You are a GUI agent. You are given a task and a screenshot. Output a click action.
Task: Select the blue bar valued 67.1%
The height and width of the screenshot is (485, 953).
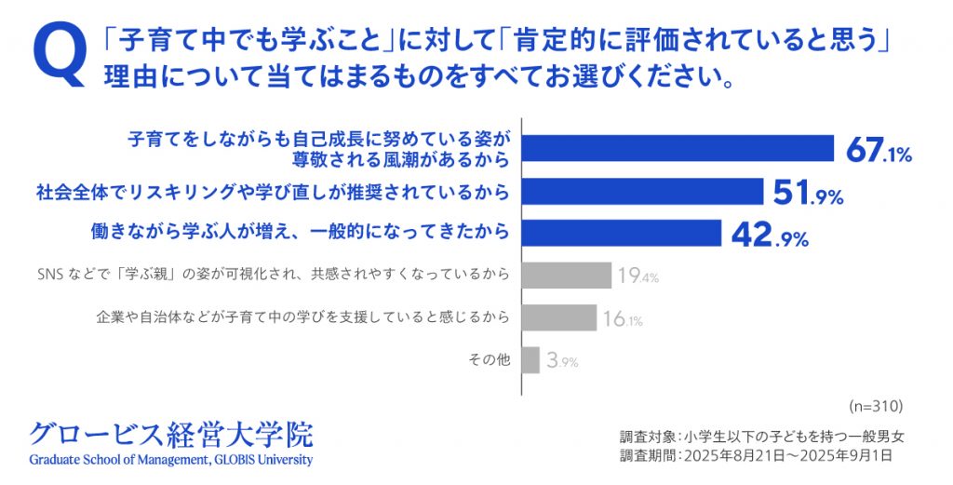pyautogui.click(x=679, y=149)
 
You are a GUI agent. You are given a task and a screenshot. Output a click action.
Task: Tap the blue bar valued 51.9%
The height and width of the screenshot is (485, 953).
pyautogui.click(x=644, y=193)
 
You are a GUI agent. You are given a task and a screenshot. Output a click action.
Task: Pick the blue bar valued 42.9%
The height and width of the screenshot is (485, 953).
pyautogui.click(x=623, y=233)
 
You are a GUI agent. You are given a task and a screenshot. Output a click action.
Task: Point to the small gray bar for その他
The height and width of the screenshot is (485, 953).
pyautogui.click(x=531, y=359)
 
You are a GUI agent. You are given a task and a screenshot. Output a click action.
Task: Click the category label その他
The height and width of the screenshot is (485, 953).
pyautogui.click(x=492, y=359)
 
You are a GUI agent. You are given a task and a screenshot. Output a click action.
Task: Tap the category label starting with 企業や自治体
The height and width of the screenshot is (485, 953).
pyautogui.click(x=303, y=317)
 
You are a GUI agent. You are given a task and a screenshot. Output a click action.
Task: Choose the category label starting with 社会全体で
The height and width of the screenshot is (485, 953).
pyautogui.click(x=274, y=194)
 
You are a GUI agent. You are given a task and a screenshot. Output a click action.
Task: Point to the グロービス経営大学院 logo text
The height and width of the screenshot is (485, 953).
pyautogui.click(x=171, y=434)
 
